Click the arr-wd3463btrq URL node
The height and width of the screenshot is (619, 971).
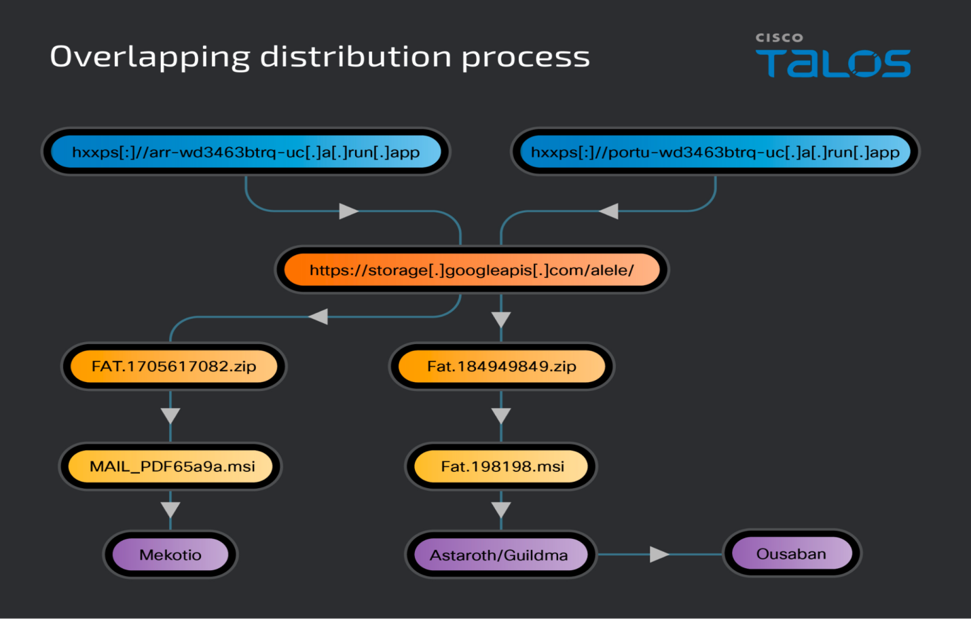tap(246, 152)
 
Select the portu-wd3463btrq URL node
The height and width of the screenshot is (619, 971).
tap(715, 152)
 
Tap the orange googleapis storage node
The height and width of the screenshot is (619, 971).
tap(471, 270)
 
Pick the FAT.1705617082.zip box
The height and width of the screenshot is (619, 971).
tap(174, 367)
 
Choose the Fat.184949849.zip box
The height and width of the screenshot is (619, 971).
tap(501, 367)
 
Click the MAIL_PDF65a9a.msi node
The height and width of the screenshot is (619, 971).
tap(171, 466)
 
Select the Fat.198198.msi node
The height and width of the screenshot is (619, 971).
tap(501, 466)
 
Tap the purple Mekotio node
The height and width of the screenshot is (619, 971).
tap(170, 555)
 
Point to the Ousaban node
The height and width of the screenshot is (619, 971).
tap(792, 554)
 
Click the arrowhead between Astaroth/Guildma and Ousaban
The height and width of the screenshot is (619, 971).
tap(659, 555)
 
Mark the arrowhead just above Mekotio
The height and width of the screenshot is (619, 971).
tap(170, 510)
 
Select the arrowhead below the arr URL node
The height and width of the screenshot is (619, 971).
tap(348, 211)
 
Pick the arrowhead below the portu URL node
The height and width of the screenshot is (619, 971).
tap(609, 211)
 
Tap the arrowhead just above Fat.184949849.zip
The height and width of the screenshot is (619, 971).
tap(501, 320)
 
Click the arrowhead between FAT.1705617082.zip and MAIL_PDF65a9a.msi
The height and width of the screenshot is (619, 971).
tap(170, 415)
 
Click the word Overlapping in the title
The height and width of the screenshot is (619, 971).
tap(150, 57)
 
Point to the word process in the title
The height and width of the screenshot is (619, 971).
tap(526, 57)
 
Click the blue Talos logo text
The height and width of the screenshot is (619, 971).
tap(833, 64)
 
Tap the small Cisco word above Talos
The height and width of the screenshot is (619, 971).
tap(779, 38)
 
